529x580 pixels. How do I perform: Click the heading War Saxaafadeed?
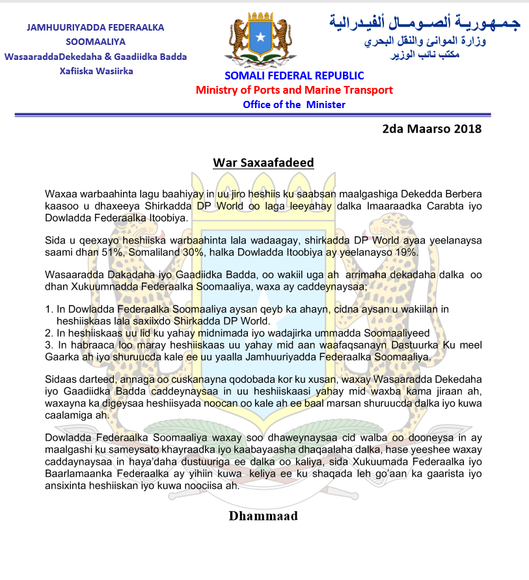pyautogui.click(x=264, y=162)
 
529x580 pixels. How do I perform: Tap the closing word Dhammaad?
pyautogui.click(x=263, y=516)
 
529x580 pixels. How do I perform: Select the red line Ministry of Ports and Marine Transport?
pyautogui.click(x=294, y=90)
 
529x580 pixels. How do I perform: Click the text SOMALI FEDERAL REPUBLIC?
pyautogui.click(x=294, y=76)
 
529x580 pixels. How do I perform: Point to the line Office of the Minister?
pyautogui.click(x=294, y=104)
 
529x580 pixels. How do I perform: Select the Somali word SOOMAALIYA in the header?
pyautogui.click(x=95, y=42)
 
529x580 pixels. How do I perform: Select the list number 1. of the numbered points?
pyautogui.click(x=49, y=309)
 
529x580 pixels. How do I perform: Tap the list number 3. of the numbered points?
pyautogui.click(x=49, y=344)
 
